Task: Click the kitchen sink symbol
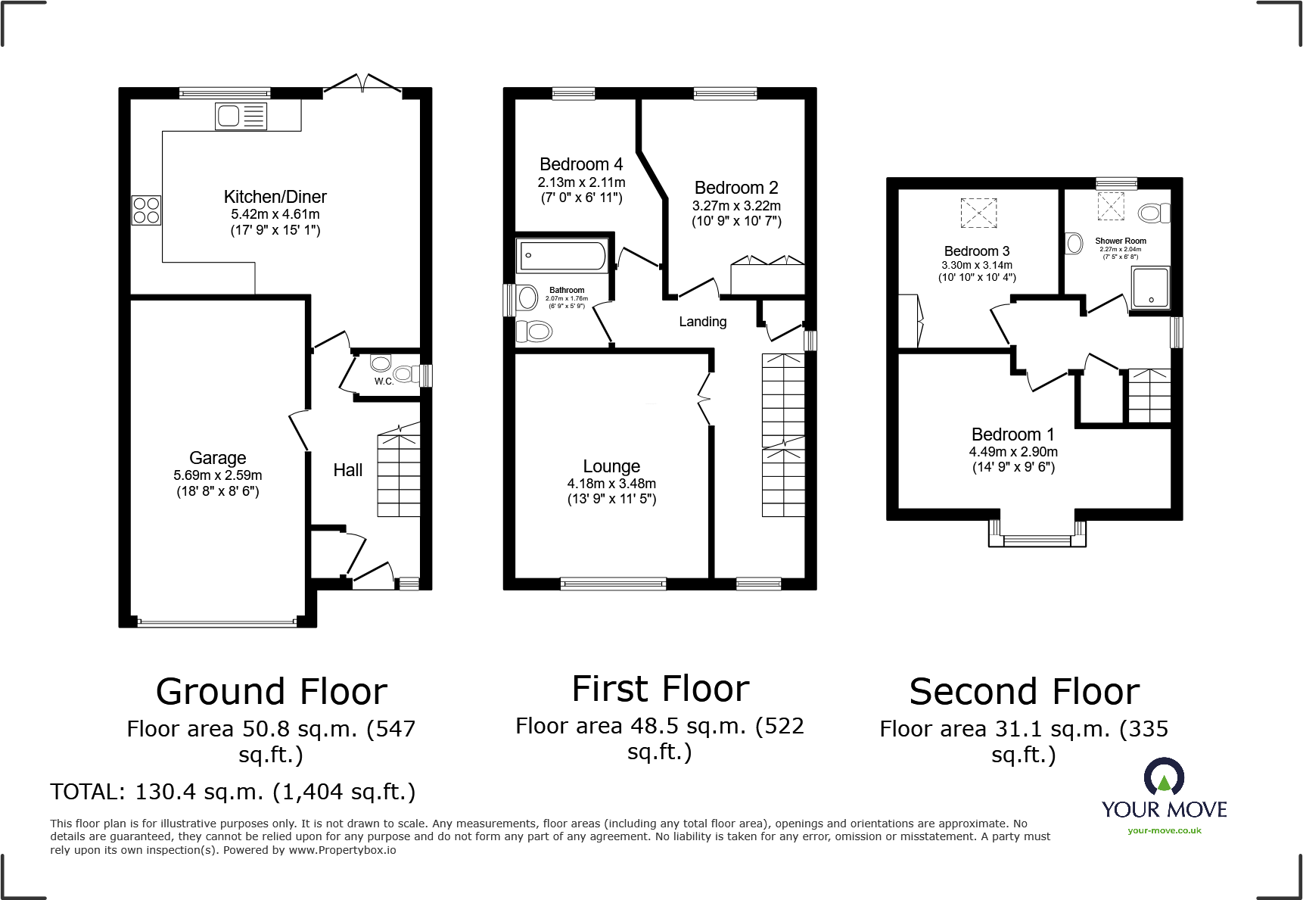click(241, 117)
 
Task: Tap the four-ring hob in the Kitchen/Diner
click(147, 210)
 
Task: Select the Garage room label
click(218, 458)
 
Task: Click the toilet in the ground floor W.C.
click(404, 373)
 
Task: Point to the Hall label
click(348, 470)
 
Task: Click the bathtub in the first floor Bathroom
click(561, 256)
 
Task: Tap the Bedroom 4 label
click(581, 164)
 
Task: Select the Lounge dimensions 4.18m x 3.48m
click(611, 484)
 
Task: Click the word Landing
click(702, 322)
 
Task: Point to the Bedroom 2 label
click(736, 188)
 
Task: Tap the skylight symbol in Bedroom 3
click(978, 213)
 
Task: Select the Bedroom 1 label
click(1012, 434)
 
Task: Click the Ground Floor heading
click(271, 692)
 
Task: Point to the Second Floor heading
click(1024, 692)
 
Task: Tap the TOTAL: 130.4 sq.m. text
click(232, 792)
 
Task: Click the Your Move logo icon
click(1164, 777)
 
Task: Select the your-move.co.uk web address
click(1164, 830)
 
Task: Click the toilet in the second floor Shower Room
click(1153, 213)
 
